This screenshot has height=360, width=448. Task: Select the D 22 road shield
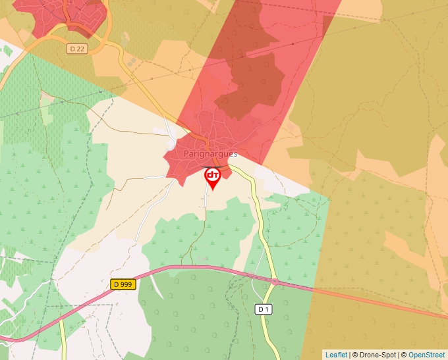coord(77,49)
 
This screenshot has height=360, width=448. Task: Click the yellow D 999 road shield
coord(123,284)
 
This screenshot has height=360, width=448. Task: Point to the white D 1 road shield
coord(263,309)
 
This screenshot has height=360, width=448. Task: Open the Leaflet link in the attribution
coord(336,355)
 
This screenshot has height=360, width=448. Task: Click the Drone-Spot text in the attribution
coord(376,355)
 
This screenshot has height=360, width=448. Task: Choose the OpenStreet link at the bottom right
coord(426,355)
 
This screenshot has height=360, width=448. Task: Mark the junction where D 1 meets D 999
coord(273,281)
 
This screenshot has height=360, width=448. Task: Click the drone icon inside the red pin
coord(213,175)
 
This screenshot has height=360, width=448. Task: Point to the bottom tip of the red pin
coord(213,190)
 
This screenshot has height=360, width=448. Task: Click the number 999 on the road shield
coord(126,284)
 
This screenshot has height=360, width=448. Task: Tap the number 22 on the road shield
coord(80,49)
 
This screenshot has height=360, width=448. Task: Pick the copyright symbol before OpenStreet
coord(404,355)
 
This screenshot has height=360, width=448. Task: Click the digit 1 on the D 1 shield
coord(267,309)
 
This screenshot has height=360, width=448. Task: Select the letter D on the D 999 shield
coord(116,284)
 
